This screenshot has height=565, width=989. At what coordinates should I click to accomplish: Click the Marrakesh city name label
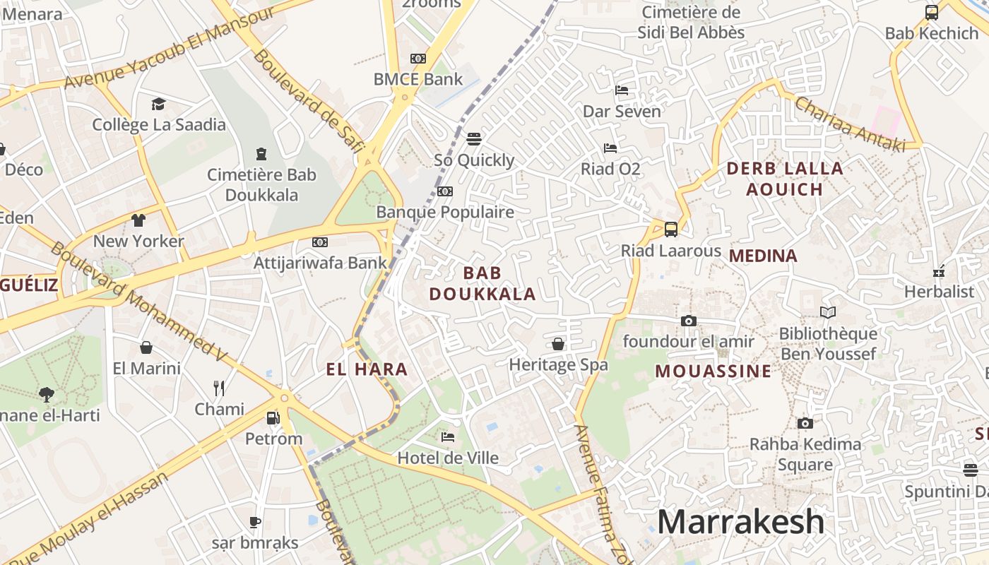[x=740, y=522]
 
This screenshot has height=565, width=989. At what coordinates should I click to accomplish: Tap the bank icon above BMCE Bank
[x=418, y=59]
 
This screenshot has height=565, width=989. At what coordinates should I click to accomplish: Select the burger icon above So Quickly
[x=474, y=138]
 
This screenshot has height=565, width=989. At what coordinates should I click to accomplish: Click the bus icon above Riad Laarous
[x=670, y=229]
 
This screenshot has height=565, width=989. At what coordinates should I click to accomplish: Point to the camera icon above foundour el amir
[x=689, y=321]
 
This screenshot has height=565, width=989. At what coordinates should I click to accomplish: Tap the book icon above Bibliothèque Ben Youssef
[x=827, y=312]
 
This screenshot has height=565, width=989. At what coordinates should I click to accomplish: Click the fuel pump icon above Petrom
[x=273, y=417]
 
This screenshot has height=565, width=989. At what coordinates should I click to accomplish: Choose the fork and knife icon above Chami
[x=219, y=388]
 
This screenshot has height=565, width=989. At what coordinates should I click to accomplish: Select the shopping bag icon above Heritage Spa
[x=558, y=344]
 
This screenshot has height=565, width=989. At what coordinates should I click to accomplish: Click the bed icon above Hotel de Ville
[x=448, y=436]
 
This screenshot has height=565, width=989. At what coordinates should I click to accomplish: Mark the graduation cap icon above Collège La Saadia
[x=158, y=104]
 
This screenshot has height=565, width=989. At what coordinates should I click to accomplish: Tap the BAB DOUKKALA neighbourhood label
[x=482, y=283]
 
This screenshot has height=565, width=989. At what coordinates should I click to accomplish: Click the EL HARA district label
[x=367, y=369]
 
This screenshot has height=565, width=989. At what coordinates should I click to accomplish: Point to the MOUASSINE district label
[x=713, y=371]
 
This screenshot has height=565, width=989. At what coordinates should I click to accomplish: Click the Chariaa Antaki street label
[x=849, y=124]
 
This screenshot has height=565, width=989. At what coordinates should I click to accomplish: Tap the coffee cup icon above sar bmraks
[x=255, y=522]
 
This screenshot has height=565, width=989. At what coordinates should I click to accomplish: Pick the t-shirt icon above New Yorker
[x=138, y=220]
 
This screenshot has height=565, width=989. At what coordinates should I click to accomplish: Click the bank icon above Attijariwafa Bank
[x=320, y=242]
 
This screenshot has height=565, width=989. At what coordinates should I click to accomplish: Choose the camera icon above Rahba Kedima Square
[x=805, y=423]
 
